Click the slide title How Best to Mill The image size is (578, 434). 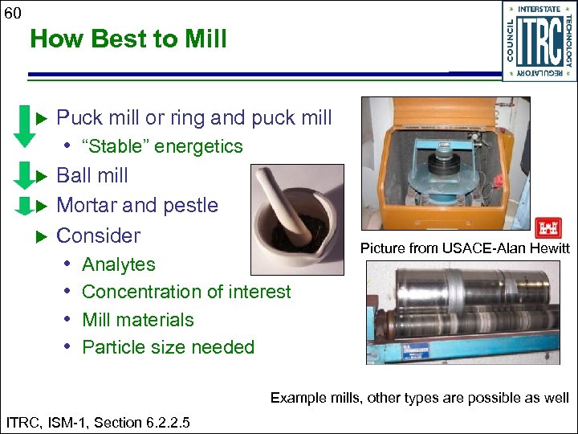tap(128, 39)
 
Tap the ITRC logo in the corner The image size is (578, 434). tap(539, 40)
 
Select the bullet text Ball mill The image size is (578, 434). tap(92, 175)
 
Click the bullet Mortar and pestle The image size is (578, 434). tap(137, 205)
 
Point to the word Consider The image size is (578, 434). tap(98, 235)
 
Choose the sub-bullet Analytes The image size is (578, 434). tap(119, 264)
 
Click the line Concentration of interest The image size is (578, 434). tap(186, 292)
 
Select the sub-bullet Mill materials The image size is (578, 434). tap(138, 320)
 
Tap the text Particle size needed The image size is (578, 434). tap(168, 347)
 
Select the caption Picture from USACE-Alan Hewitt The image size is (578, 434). tap(464, 248)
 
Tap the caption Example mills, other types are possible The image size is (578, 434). tap(419, 397)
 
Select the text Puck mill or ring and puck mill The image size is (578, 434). tap(194, 117)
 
